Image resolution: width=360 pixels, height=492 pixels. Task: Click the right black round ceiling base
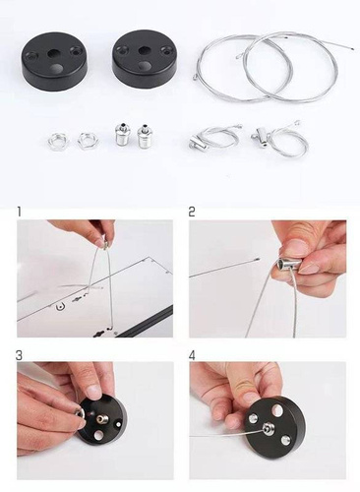click(x=145, y=59)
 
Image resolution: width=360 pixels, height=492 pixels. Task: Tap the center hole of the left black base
click(x=52, y=53)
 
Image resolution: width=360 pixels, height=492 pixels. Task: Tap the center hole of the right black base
click(x=144, y=51)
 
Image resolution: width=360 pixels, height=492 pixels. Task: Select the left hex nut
click(x=58, y=142)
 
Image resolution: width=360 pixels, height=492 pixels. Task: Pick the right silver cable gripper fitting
click(x=144, y=136)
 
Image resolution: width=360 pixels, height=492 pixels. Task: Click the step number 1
click(x=20, y=212)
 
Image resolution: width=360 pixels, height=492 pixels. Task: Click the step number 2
click(x=192, y=212)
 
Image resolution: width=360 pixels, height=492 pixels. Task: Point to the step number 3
click(x=20, y=355)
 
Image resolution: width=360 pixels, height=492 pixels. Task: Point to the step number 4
click(x=192, y=355)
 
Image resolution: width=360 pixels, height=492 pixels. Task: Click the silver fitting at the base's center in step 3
click(x=100, y=419)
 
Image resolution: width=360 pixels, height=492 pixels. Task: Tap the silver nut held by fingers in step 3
click(x=80, y=415)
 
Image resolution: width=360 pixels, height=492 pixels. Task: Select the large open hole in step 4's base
click(x=278, y=409)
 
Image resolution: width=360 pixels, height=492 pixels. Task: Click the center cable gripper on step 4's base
click(x=268, y=428)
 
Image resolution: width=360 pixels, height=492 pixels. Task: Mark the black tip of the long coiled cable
click(x=351, y=49)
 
